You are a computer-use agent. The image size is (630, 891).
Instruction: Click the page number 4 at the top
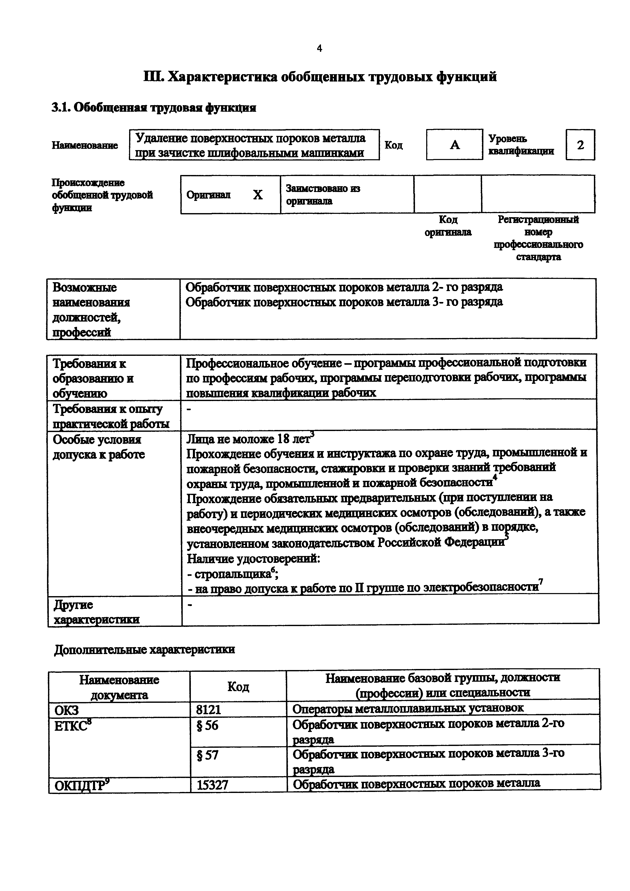[x=319, y=49]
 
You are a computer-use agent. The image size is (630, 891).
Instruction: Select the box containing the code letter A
[x=455, y=145]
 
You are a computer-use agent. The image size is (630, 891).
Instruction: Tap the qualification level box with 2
[x=580, y=145]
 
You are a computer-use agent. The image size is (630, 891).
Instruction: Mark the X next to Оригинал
[x=258, y=194]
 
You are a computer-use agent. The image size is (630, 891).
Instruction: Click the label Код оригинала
[x=448, y=226]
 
